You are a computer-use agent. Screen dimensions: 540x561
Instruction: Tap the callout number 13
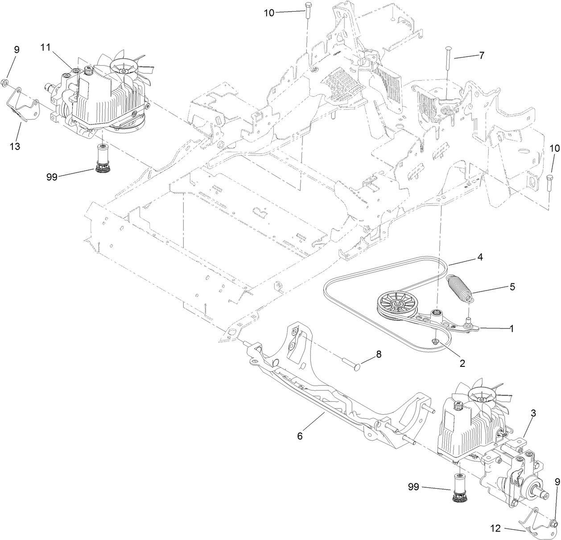15,146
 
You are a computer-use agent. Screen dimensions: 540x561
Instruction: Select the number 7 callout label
481,56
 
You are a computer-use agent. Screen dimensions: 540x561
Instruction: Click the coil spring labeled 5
459,290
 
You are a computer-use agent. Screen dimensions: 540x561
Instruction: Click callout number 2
462,363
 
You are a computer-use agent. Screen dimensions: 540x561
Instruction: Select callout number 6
300,436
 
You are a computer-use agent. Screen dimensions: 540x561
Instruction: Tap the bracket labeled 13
22,106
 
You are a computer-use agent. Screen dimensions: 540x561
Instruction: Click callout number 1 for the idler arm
511,328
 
